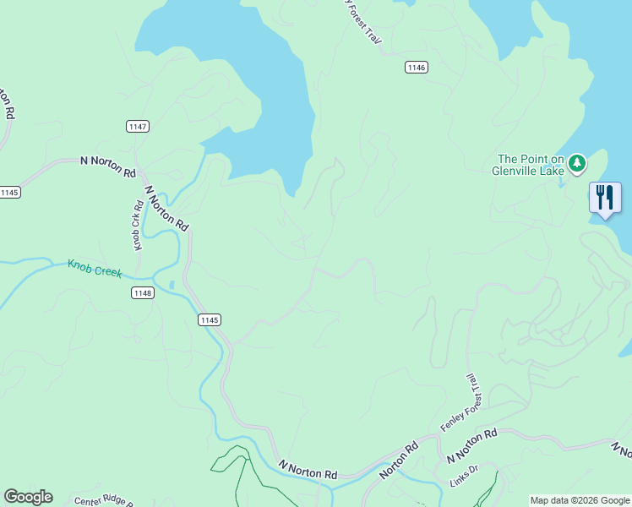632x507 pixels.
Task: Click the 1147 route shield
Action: click(x=138, y=127)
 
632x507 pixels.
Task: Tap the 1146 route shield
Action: click(x=416, y=68)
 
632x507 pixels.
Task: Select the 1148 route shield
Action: click(x=143, y=292)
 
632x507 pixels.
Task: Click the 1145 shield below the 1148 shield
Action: click(x=210, y=319)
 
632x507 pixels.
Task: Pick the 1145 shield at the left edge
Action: click(x=9, y=193)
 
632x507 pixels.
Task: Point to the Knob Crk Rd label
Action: click(x=137, y=226)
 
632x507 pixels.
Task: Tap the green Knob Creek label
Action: click(x=95, y=269)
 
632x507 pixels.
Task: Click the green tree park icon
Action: click(x=576, y=161)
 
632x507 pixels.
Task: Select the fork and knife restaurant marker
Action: click(x=605, y=198)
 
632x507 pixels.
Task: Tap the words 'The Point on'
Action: click(x=531, y=159)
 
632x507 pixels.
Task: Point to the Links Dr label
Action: click(x=462, y=470)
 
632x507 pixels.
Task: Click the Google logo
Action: click(x=28, y=496)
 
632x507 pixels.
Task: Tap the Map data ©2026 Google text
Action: click(x=579, y=500)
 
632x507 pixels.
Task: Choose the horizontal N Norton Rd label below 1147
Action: click(x=107, y=166)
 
